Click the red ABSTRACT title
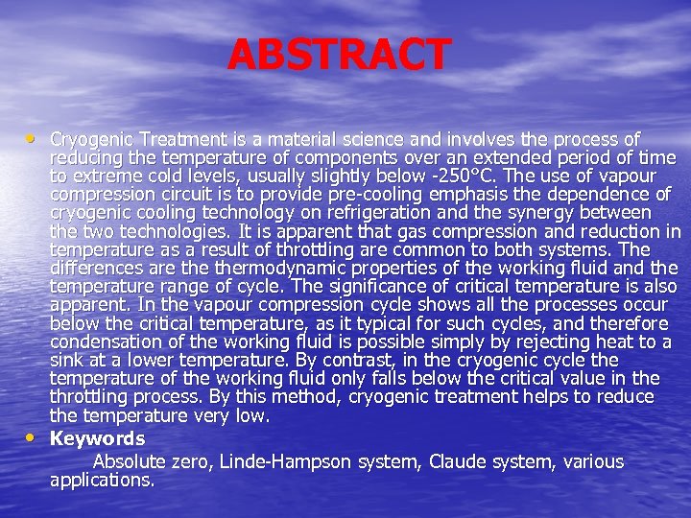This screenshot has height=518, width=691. point(339,55)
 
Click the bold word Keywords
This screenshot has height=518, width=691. point(97,438)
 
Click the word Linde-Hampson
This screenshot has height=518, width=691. point(285,461)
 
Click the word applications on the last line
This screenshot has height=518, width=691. point(101,480)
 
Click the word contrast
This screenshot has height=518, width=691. point(345,360)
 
